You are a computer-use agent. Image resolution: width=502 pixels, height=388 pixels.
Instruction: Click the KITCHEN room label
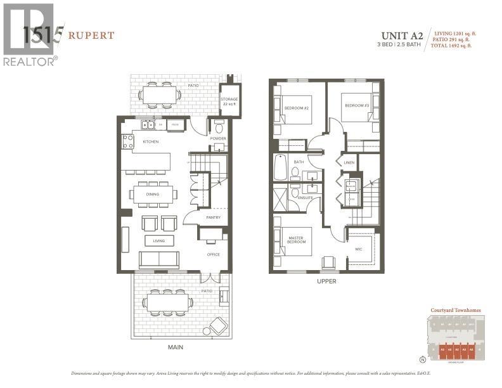click(x=150, y=141)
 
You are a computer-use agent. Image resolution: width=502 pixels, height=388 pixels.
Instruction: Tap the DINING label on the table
click(x=153, y=195)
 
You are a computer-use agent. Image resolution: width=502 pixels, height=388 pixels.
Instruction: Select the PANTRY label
click(x=213, y=218)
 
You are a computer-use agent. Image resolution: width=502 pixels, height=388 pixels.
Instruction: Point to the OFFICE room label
click(x=212, y=255)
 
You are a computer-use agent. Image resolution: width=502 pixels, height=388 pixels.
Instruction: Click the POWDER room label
click(x=218, y=138)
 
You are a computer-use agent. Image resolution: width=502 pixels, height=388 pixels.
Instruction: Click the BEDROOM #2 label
click(x=296, y=108)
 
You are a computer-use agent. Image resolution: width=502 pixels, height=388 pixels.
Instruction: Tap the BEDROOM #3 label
click(x=357, y=105)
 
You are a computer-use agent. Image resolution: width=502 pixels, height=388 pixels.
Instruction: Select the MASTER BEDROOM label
click(x=296, y=240)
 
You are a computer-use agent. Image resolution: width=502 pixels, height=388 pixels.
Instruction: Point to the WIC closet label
click(x=359, y=249)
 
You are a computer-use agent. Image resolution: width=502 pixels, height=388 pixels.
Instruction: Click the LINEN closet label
click(x=349, y=163)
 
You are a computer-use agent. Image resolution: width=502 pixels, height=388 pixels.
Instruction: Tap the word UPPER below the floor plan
click(x=327, y=281)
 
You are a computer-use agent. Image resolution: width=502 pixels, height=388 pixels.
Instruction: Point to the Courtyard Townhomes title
click(x=456, y=310)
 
